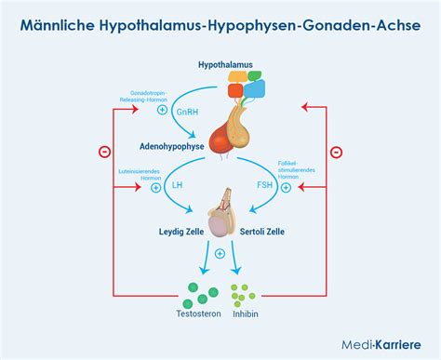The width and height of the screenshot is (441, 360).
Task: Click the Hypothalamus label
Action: pos(224,64)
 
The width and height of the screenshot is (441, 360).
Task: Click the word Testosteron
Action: pos(191,314)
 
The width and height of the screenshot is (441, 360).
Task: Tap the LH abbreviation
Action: pos(178,186)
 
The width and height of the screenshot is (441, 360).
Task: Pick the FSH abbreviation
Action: pos(263,186)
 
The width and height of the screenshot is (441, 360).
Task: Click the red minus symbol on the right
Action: pos(337,152)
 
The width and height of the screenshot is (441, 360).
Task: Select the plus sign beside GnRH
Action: pos(164,110)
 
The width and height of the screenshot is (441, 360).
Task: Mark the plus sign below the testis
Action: pos(220,253)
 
